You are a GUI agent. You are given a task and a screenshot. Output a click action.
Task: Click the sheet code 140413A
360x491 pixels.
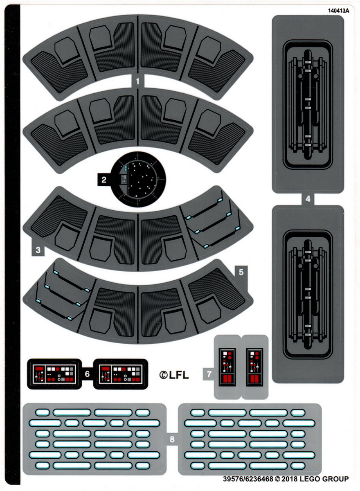[x=338, y=11]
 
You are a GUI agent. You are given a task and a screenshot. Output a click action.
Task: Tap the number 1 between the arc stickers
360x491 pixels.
[x=138, y=81]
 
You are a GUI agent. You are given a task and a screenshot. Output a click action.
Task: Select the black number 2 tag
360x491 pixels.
[x=104, y=179]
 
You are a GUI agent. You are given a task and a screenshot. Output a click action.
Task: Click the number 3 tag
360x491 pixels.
[x=38, y=250]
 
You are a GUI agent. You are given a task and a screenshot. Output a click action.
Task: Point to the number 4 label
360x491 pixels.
[x=308, y=200]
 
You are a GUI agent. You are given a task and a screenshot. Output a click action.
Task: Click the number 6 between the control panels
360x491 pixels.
[x=87, y=373]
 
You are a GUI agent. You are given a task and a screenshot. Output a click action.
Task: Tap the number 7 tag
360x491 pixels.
[x=209, y=374]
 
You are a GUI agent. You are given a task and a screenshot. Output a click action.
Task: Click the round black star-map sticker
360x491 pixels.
[x=139, y=180]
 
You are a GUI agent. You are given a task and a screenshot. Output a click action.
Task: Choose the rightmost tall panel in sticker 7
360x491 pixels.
[x=254, y=367]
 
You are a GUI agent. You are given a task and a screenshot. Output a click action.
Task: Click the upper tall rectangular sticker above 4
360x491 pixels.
[x=308, y=104]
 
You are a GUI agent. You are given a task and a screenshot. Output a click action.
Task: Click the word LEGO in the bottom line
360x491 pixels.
[x=311, y=479]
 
